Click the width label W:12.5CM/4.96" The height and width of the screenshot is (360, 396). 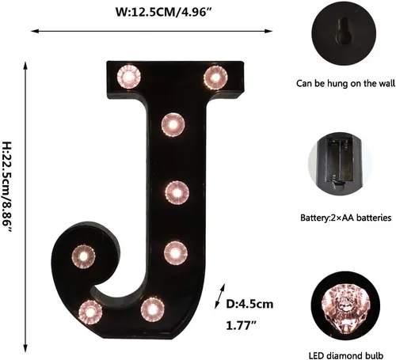click(x=164, y=12)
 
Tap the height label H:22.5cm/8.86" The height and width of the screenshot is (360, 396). click(x=7, y=187)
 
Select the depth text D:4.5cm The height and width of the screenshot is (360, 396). click(x=249, y=304)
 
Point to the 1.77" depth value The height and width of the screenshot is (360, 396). click(x=242, y=325)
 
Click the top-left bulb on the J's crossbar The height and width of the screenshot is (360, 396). click(x=129, y=77)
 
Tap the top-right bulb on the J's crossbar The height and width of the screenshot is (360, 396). click(x=215, y=78)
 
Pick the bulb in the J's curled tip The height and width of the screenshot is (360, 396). click(x=83, y=256)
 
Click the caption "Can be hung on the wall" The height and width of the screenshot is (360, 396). click(x=345, y=83)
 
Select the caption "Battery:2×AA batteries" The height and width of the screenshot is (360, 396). click(x=346, y=218)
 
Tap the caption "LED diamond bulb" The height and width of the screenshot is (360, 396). click(x=346, y=355)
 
